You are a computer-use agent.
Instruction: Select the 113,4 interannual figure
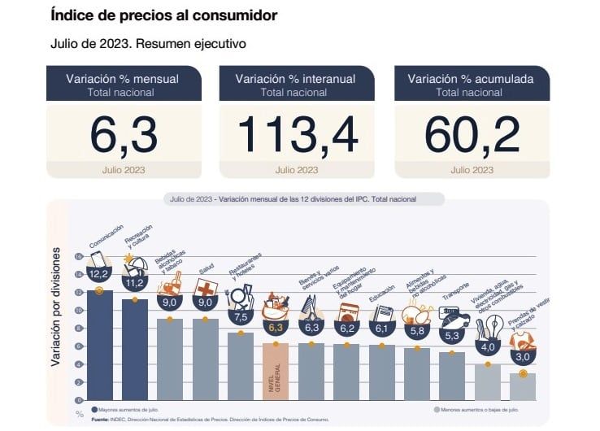click(297, 134)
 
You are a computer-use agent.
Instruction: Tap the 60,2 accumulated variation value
click(472, 134)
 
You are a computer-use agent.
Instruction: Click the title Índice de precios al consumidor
click(163, 15)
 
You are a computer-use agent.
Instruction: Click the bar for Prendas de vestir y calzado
click(523, 386)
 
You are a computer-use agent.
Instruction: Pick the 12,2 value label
click(99, 273)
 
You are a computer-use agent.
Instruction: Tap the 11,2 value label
click(134, 282)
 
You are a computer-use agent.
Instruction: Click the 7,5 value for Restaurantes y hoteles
click(240, 316)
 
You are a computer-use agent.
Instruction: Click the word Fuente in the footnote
click(100, 420)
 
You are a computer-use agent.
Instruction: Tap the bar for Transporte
click(452, 376)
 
